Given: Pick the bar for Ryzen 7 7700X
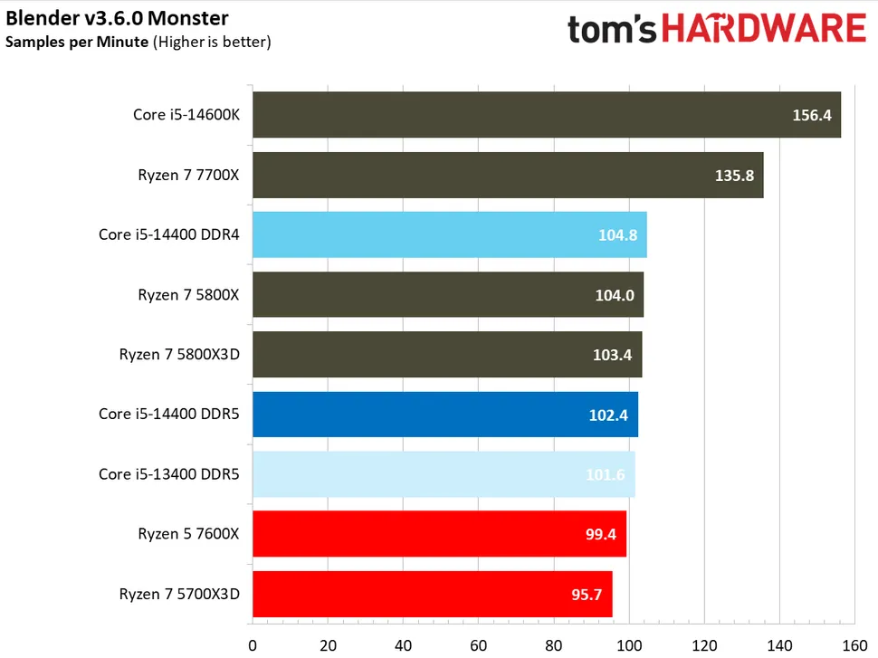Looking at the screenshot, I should point(507,175).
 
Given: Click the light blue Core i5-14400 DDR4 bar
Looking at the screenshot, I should point(449,234).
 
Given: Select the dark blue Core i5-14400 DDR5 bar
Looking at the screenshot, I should point(444,415).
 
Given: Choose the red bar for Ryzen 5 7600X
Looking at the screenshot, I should point(439,534).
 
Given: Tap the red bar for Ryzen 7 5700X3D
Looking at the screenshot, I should point(432,594).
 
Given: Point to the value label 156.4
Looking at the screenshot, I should point(812,116).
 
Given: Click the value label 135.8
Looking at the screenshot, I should point(734,176).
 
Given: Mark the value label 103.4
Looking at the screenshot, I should point(613,355).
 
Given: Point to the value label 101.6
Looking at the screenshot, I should point(606,474).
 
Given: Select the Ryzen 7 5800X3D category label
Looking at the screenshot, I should point(179,354).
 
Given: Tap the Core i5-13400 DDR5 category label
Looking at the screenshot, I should point(168,473).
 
